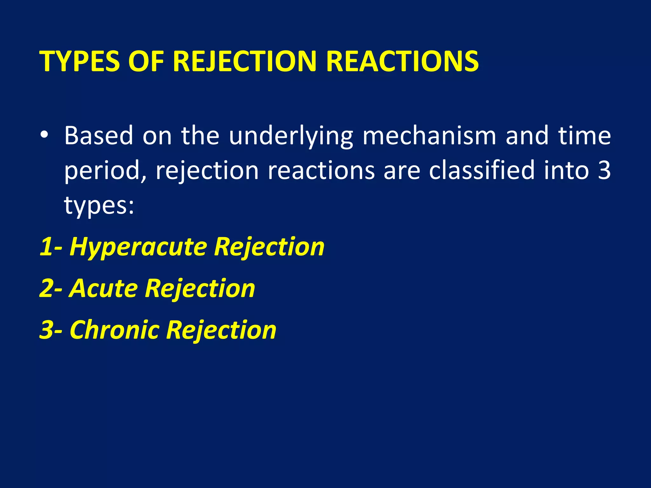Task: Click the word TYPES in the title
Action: pos(80,61)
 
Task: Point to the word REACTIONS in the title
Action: pos(402,61)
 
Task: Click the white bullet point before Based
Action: pos(44,135)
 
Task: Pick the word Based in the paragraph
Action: pos(99,136)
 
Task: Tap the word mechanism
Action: pos(429,136)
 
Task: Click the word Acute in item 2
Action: pos(103,288)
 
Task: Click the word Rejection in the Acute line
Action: pos(200,289)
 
